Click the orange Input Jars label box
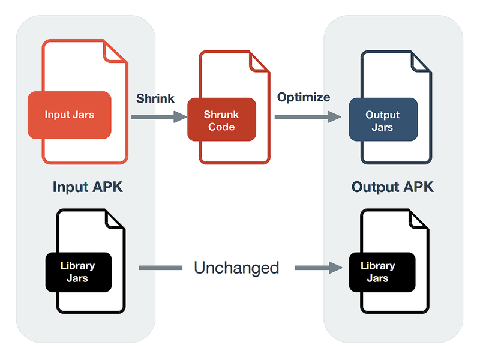pyautogui.click(x=69, y=115)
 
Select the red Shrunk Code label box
pyautogui.click(x=221, y=120)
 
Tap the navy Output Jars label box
pyautogui.click(x=382, y=120)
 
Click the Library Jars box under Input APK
pyautogui.click(x=78, y=272)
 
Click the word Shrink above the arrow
pyautogui.click(x=155, y=98)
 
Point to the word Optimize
pyautogui.click(x=303, y=97)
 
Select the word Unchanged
pyautogui.click(x=236, y=268)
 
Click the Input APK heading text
pyautogui.click(x=88, y=187)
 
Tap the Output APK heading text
pyautogui.click(x=392, y=187)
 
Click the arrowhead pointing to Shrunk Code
pyautogui.click(x=181, y=117)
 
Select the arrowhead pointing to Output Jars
pyautogui.click(x=343, y=117)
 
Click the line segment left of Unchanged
pyautogui.click(x=160, y=268)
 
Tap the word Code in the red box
pyautogui.click(x=221, y=127)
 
